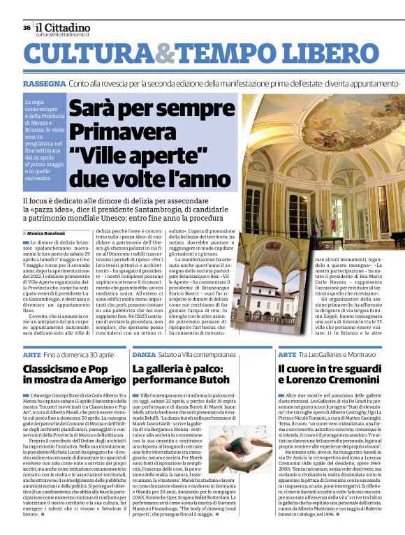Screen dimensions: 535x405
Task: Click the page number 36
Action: tap(27, 28)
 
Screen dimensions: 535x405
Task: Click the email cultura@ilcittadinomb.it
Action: tap(72, 34)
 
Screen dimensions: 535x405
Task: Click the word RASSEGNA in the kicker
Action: tap(44, 84)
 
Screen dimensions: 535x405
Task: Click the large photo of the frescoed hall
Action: tap(321, 168)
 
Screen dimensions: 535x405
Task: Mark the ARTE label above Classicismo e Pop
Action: tap(32, 355)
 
